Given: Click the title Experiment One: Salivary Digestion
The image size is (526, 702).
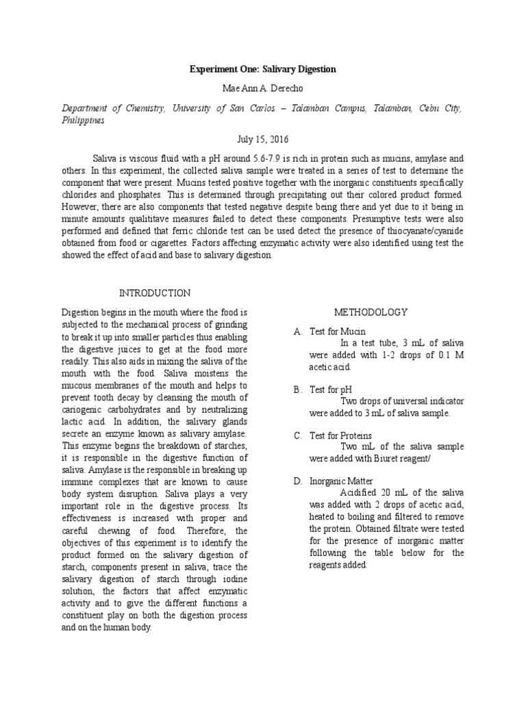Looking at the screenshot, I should click(263, 70).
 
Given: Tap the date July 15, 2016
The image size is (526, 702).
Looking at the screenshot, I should click(263, 138).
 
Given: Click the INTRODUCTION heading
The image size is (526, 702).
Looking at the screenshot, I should click(155, 293).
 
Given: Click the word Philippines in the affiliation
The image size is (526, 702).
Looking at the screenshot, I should click(83, 119).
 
